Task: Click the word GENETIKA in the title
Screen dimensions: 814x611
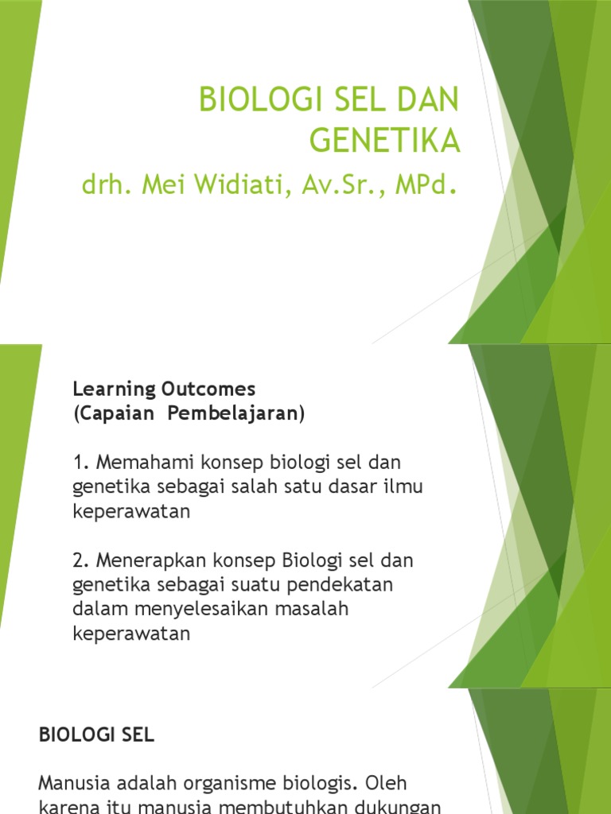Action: tap(384, 140)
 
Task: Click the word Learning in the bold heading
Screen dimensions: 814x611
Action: tap(106, 390)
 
